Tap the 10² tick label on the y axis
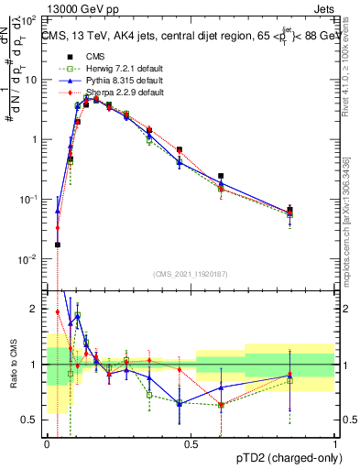(x=27, y=20)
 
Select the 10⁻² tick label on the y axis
(x=27, y=259)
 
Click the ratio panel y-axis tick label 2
(x=34, y=309)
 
